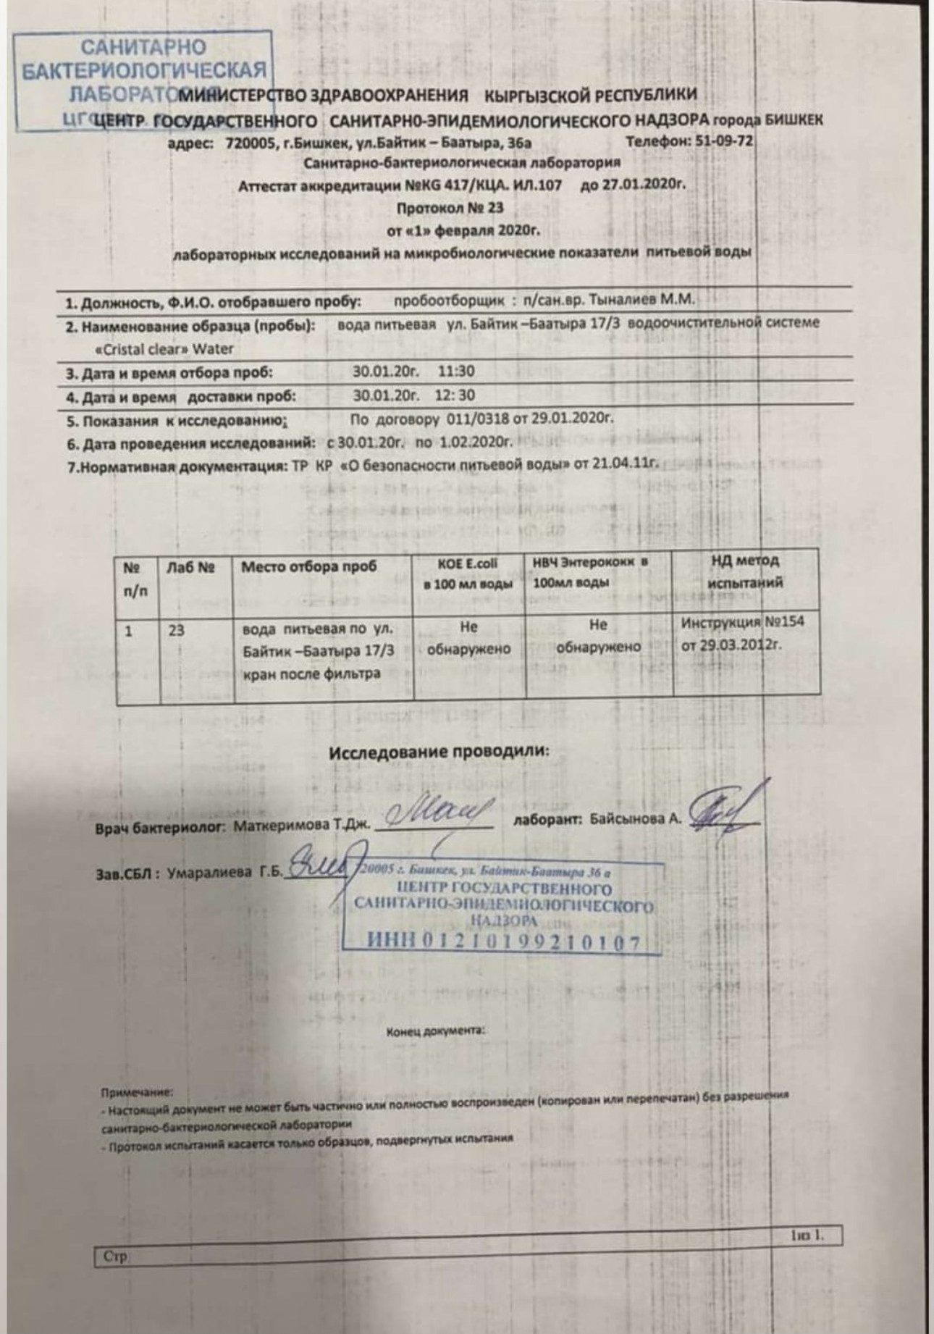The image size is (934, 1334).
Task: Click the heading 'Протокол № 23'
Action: tap(450, 208)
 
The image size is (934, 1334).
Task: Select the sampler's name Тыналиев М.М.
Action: tap(641, 299)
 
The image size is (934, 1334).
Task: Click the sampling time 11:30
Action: tap(457, 372)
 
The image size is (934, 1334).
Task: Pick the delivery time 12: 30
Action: tap(455, 395)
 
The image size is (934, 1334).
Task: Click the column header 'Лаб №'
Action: tap(190, 567)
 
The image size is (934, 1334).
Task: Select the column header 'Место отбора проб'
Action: tap(309, 567)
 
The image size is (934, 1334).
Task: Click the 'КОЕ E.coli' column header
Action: tap(468, 573)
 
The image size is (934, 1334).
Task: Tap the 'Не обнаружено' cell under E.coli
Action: tap(468, 637)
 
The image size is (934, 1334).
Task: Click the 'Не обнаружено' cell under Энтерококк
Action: tap(598, 635)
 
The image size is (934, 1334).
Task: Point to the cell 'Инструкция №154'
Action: tap(742, 622)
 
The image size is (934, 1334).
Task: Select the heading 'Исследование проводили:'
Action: tap(439, 752)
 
